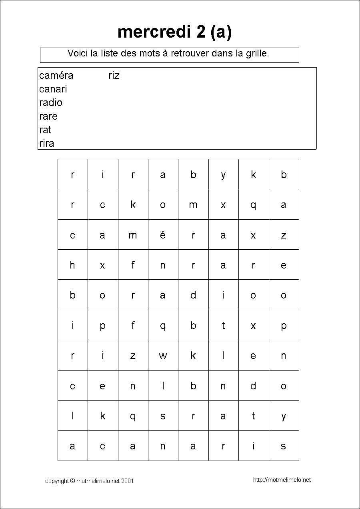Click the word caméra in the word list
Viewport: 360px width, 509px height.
(56, 75)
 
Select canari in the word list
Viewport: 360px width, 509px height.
(53, 89)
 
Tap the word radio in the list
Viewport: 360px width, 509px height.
(51, 102)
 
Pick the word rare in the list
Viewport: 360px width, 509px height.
(48, 116)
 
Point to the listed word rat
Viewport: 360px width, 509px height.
(45, 130)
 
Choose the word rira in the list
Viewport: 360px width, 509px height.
(47, 143)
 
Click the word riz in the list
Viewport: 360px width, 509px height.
(114, 75)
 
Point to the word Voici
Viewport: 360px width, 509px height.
(78, 53)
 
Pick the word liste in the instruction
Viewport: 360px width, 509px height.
(110, 53)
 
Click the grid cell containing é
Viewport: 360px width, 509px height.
(163, 235)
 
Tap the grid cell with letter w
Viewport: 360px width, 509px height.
(163, 356)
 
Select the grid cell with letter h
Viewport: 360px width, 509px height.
(72, 265)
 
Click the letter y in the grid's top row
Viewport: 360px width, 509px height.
(223, 174)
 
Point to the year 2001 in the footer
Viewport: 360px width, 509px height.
(127, 481)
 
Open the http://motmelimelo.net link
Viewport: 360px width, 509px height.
(282, 480)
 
